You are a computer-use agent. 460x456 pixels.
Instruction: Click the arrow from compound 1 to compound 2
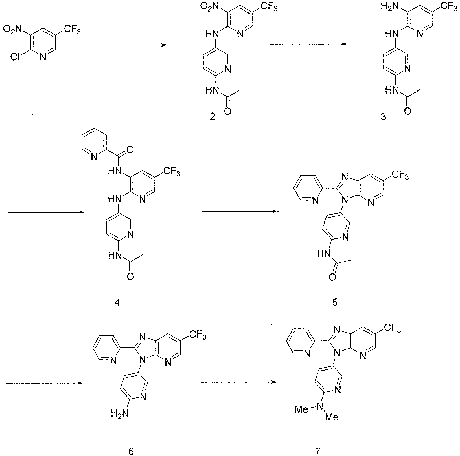(x=128, y=45)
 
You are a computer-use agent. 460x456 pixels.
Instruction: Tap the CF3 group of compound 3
(x=447, y=6)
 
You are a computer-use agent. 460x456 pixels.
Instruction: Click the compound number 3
(x=383, y=116)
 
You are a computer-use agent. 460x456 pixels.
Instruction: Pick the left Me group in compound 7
(x=301, y=409)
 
